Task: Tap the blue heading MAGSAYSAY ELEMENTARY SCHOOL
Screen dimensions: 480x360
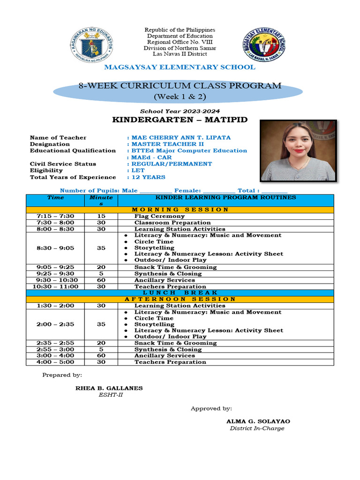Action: (180, 67)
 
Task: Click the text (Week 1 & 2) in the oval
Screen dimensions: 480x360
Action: (180, 97)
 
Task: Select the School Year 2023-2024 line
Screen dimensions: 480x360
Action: (180, 111)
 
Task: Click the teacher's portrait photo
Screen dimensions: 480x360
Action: (298, 150)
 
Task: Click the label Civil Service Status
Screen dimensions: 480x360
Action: (63, 164)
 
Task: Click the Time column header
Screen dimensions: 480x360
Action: (56, 198)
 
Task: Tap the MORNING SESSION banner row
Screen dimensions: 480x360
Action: (180, 210)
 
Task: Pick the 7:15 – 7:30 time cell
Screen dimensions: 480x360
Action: (56, 216)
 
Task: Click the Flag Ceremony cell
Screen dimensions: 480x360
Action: (159, 216)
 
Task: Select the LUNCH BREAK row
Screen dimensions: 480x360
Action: (180, 292)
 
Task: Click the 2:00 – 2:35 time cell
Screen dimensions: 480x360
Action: (56, 324)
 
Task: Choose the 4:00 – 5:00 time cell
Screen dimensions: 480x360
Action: (56, 362)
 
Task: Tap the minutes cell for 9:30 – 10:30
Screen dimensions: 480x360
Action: (101, 280)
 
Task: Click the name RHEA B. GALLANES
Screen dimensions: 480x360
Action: (109, 388)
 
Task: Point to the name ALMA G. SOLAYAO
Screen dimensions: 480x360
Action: (258, 421)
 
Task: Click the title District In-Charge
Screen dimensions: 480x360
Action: (257, 428)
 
